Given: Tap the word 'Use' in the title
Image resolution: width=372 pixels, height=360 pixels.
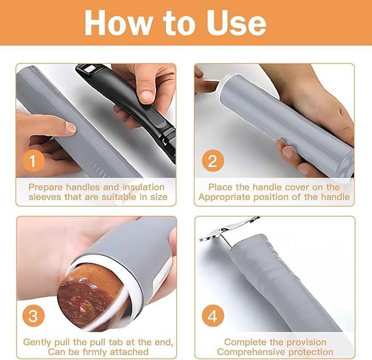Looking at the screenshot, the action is (x=236, y=23).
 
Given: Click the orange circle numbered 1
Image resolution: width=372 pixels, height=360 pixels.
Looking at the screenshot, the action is (x=33, y=161).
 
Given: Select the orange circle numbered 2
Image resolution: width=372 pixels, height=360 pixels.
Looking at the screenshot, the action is (x=213, y=161).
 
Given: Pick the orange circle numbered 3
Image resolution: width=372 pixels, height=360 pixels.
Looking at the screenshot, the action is (x=33, y=316).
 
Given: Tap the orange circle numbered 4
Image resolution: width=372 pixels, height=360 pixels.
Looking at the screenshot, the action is (x=213, y=316).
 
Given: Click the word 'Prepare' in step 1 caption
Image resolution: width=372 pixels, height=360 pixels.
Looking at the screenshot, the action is (x=46, y=187).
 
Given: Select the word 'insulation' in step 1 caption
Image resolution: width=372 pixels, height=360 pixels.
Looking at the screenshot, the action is (x=144, y=187).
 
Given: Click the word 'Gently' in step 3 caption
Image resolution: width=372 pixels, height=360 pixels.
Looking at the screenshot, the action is (x=37, y=342).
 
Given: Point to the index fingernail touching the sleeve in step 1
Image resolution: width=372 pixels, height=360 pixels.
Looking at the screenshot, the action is (x=71, y=128).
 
